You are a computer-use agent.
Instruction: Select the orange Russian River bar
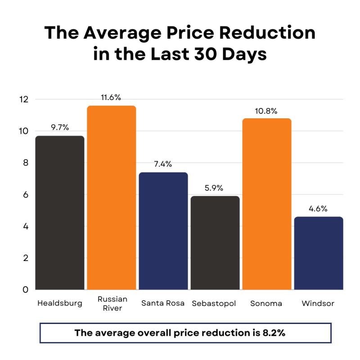(x=112, y=198)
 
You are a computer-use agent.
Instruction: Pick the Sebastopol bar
(x=215, y=243)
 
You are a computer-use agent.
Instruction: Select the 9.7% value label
(x=60, y=127)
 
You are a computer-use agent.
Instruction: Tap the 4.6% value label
(x=319, y=209)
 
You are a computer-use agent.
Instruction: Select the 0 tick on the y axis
(x=26, y=290)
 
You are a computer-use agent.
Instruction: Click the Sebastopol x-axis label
(x=214, y=303)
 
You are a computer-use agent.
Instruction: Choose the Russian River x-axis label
(x=112, y=303)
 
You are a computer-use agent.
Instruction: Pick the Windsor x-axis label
(x=318, y=303)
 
